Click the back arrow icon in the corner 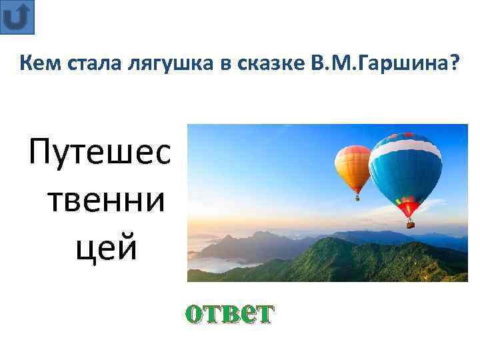pyautogui.click(x=18, y=17)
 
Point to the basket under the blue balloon pyautogui.click(x=410, y=225)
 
